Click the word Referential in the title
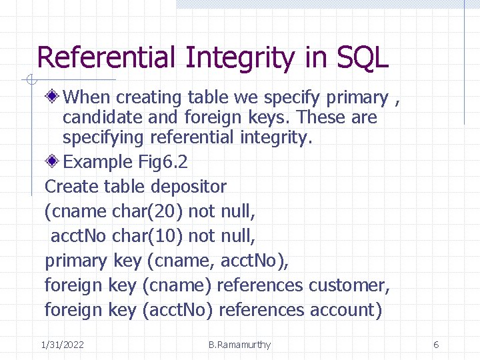(107, 58)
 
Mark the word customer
(349, 285)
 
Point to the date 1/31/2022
(62, 345)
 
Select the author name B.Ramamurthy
(239, 345)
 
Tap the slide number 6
(436, 345)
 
